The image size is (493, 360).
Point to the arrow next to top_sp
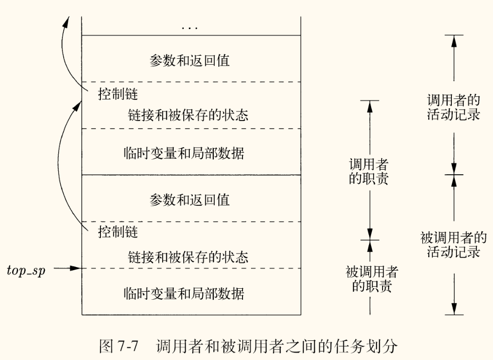coord(68,268)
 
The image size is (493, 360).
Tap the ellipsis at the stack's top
coord(189,27)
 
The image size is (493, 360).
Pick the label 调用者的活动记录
coord(453,106)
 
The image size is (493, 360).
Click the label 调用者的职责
coord(369,172)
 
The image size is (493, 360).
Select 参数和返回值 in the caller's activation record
coord(189,60)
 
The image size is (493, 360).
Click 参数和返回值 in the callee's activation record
coord(189,199)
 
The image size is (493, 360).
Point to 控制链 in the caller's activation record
coord(117,94)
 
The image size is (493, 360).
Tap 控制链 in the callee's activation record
coord(117,232)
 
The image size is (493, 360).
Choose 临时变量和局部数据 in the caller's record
coord(184,153)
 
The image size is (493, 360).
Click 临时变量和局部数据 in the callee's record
coord(184,292)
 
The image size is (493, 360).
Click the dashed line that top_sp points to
coord(191,269)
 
